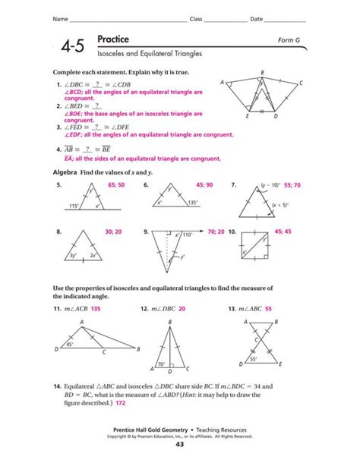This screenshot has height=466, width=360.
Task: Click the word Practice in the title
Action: tap(113, 39)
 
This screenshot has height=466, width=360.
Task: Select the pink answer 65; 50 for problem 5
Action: tap(117, 184)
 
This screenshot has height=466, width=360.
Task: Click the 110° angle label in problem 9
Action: tap(188, 235)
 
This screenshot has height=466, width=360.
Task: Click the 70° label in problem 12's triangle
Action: tap(162, 365)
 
